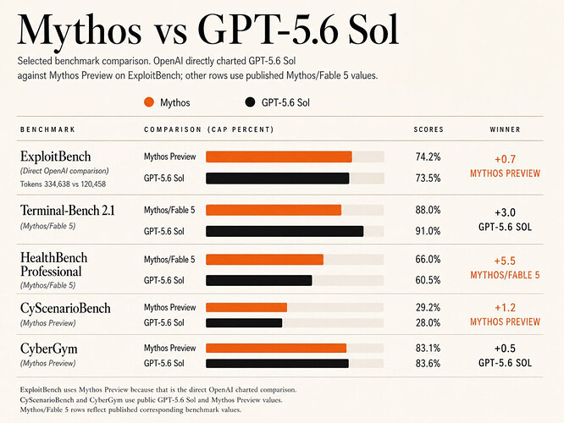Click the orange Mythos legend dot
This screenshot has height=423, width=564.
pyautogui.click(x=149, y=102)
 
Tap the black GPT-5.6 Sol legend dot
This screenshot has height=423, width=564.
pyautogui.click(x=250, y=102)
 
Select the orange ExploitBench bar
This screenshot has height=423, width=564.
pyautogui.click(x=279, y=157)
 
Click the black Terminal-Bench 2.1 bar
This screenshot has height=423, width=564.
pyautogui.click(x=285, y=231)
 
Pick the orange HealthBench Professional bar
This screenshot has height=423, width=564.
pyautogui.click(x=264, y=260)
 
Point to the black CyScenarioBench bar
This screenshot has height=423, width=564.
pyautogui.click(x=244, y=322)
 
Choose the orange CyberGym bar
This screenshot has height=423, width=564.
pyautogui.click(x=276, y=348)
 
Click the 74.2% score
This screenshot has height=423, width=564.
pyautogui.click(x=428, y=157)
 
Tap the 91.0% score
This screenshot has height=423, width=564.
pyautogui.click(x=428, y=231)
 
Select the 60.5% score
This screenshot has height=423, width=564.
pyautogui.click(x=428, y=280)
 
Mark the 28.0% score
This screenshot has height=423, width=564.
pyautogui.click(x=428, y=322)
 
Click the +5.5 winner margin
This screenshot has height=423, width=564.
pyautogui.click(x=505, y=261)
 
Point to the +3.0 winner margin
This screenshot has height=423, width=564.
pyautogui.click(x=505, y=212)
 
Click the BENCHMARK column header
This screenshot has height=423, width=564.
pyautogui.click(x=47, y=129)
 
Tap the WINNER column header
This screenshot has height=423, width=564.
pyautogui.click(x=505, y=129)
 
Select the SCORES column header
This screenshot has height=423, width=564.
pyautogui.click(x=429, y=129)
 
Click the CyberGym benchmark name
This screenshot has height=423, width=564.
pyautogui.click(x=49, y=349)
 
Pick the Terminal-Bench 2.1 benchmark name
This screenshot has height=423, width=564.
pyautogui.click(x=67, y=211)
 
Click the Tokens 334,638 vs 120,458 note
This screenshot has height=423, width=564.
pyautogui.click(x=63, y=184)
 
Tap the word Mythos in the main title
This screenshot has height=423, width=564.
pyautogui.click(x=79, y=30)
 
